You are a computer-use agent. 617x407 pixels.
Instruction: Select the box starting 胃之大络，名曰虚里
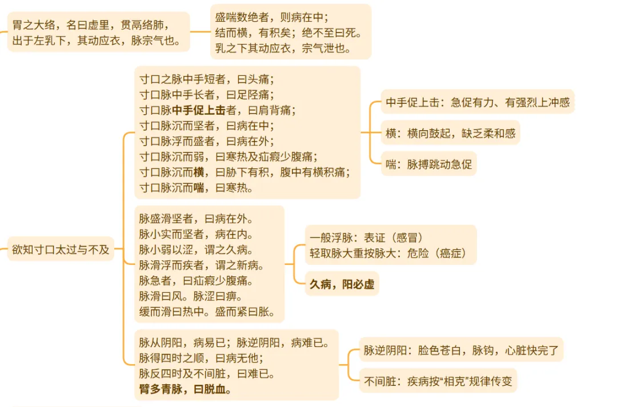(98, 33)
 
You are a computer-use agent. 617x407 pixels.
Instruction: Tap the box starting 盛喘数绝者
(291, 33)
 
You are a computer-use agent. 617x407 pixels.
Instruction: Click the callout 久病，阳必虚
(342, 284)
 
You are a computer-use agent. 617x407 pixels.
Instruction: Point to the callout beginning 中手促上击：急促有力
(478, 103)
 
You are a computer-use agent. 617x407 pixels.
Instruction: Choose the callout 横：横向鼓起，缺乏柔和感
(450, 134)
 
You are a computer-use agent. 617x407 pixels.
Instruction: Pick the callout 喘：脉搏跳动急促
(429, 164)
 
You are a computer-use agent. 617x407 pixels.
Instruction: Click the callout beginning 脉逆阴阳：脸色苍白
(461, 350)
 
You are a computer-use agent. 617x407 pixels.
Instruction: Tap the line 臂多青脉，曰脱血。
(185, 390)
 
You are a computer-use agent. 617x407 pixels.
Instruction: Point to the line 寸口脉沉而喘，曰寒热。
(196, 187)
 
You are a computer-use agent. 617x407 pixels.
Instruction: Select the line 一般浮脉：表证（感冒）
(366, 237)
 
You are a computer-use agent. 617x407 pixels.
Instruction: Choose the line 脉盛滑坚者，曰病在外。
(196, 219)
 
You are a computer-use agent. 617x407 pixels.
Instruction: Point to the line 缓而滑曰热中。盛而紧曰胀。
(207, 312)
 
